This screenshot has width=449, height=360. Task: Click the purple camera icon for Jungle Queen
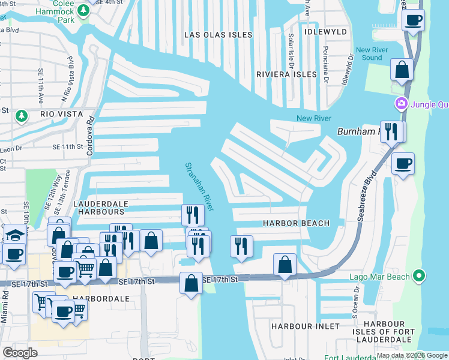400,104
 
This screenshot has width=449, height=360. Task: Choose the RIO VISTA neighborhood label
60,113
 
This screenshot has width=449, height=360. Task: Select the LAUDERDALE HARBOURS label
98,208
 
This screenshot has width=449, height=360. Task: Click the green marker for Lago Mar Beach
419,276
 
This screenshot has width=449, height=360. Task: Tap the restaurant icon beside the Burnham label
391,132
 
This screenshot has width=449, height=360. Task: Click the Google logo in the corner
20,352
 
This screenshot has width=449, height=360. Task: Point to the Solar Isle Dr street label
291,50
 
